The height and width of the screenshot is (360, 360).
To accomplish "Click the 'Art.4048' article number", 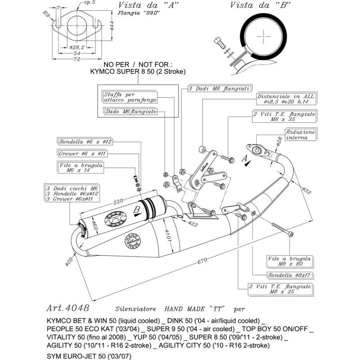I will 68,308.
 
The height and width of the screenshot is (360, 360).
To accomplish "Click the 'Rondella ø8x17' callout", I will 290,275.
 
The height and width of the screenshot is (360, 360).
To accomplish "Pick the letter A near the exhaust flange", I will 243,159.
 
